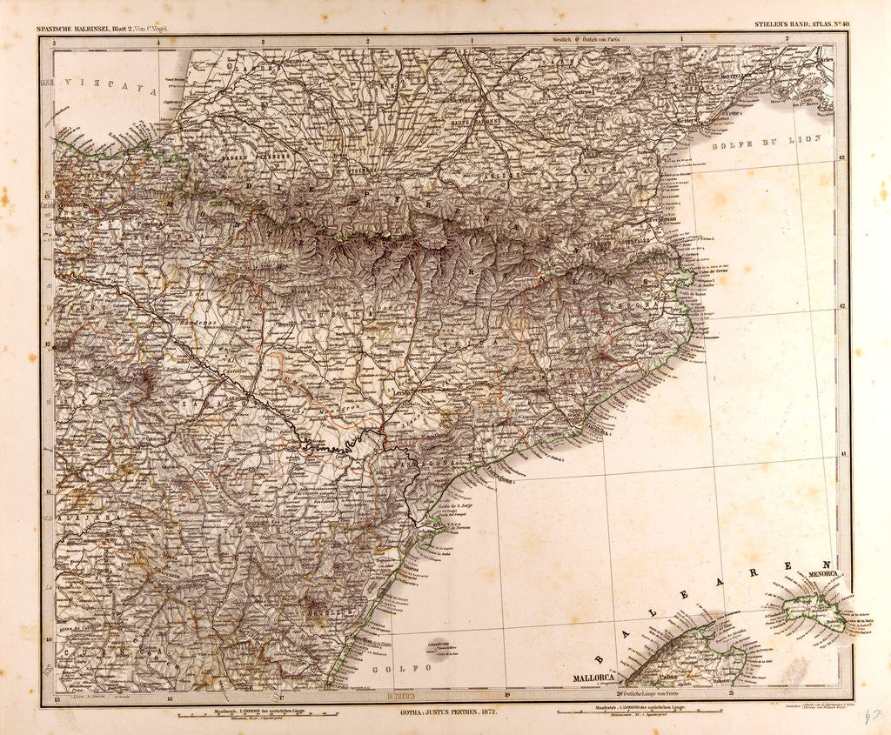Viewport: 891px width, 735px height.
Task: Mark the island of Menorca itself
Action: tap(814, 609)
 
